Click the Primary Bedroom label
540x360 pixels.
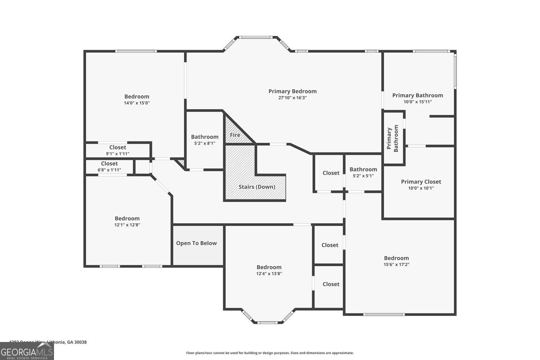(x=292, y=91)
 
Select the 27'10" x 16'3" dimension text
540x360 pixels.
(x=292, y=98)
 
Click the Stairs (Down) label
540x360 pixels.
(x=257, y=187)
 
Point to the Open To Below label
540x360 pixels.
(x=196, y=243)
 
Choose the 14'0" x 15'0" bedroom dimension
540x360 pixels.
(x=137, y=103)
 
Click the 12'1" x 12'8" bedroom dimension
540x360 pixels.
(x=127, y=225)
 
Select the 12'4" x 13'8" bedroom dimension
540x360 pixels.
(x=269, y=274)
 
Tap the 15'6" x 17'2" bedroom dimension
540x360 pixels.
(x=396, y=265)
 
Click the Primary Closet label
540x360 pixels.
(x=421, y=182)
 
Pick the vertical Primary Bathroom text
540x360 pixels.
(x=393, y=139)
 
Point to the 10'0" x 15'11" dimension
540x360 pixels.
(x=418, y=102)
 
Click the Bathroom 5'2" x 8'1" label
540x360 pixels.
(x=204, y=137)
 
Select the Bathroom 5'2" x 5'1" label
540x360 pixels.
(x=363, y=170)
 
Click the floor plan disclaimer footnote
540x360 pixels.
(x=270, y=353)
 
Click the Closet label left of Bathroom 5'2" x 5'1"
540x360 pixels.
(x=331, y=173)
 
